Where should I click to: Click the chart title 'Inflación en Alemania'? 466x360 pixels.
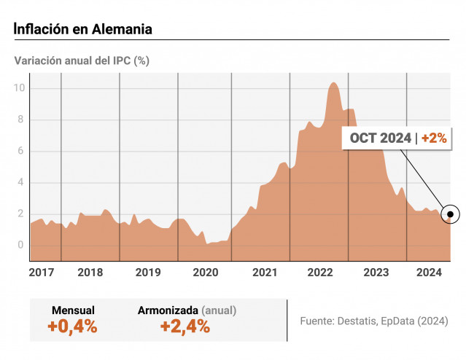(83, 29)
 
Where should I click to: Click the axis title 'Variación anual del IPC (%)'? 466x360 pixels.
(82, 60)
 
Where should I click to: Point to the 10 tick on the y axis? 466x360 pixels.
(22, 88)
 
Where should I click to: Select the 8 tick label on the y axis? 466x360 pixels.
(22, 120)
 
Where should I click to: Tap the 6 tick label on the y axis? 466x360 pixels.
(22, 151)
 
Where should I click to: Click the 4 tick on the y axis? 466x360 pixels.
(22, 182)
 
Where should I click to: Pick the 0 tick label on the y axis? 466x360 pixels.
(22, 245)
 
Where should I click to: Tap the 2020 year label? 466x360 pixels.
(205, 273)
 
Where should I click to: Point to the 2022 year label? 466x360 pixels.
(320, 273)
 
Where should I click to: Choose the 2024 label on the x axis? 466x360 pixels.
(430, 273)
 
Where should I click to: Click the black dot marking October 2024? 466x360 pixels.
(451, 214)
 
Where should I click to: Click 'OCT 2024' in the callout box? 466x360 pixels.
(380, 137)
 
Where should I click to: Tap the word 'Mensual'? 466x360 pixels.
(73, 310)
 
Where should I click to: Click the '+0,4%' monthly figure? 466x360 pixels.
(72, 326)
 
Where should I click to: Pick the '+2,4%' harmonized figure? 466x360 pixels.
(185, 326)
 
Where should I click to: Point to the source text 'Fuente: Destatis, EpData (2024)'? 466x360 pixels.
(374, 321)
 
